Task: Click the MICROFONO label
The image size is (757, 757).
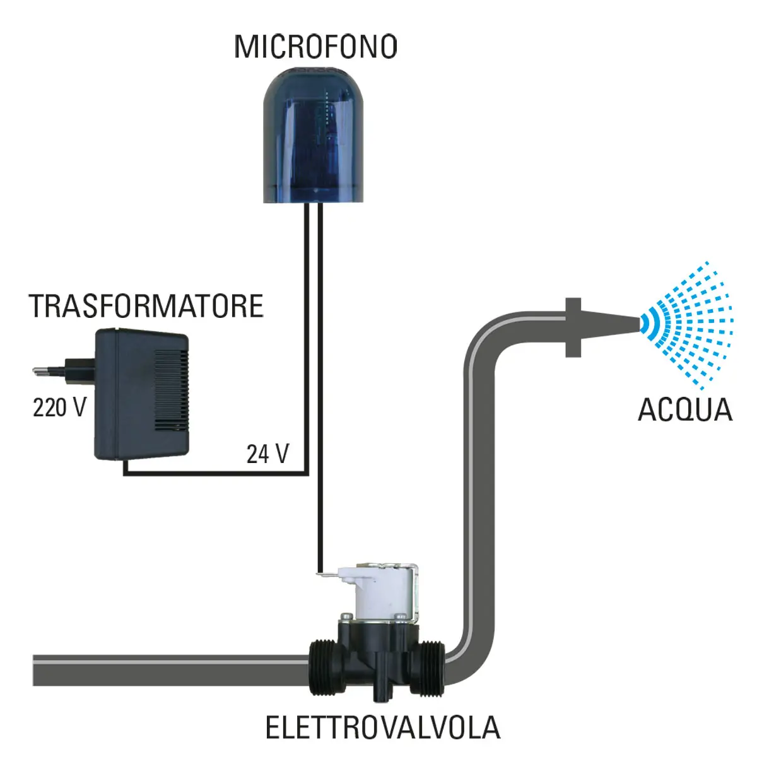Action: pos(315,47)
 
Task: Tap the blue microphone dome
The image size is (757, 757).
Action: pos(315,136)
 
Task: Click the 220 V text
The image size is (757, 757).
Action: pos(59,408)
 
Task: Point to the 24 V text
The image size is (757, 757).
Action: pos(267,454)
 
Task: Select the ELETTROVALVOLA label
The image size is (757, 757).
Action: pos(382,727)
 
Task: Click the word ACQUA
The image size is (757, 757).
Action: pos(685,409)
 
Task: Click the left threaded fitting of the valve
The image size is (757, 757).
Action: pos(326,667)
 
